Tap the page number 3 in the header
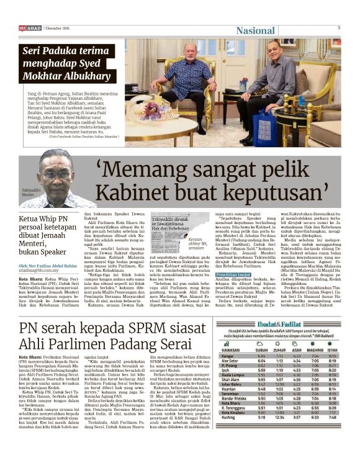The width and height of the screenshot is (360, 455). tap(339, 28)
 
